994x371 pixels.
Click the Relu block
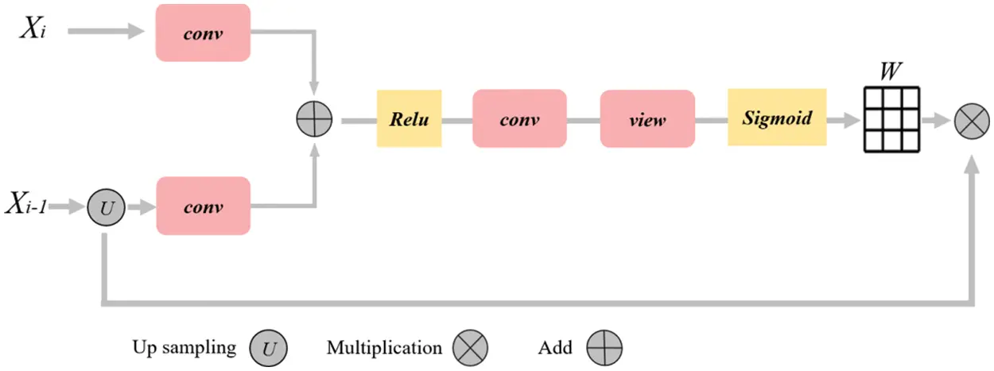pyautogui.click(x=410, y=118)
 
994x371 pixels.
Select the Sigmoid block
pyautogui.click(x=777, y=118)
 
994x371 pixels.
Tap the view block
pyautogui.click(x=647, y=119)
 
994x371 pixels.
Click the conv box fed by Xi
pyautogui.click(x=203, y=33)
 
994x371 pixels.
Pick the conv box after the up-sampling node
pyautogui.click(x=204, y=206)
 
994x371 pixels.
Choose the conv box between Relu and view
pyautogui.click(x=519, y=118)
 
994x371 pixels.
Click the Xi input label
pyautogui.click(x=33, y=29)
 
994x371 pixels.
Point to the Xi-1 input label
pyautogui.click(x=26, y=203)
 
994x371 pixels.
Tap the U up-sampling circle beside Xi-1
pyautogui.click(x=106, y=207)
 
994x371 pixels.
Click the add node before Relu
pyautogui.click(x=314, y=119)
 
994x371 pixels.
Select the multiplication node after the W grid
pyautogui.click(x=972, y=121)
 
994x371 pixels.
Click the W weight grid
pyautogui.click(x=891, y=120)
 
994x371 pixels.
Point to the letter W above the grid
pyautogui.click(x=891, y=71)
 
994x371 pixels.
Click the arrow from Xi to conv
pyautogui.click(x=106, y=31)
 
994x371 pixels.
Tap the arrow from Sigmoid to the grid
pyautogui.click(x=844, y=120)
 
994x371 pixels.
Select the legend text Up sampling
pyautogui.click(x=184, y=347)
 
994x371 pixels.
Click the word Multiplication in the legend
pyautogui.click(x=384, y=347)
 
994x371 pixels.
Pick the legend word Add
pyautogui.click(x=555, y=347)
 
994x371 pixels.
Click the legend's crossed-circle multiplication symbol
pyautogui.click(x=471, y=348)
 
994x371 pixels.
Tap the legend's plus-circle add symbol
pyautogui.click(x=604, y=348)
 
